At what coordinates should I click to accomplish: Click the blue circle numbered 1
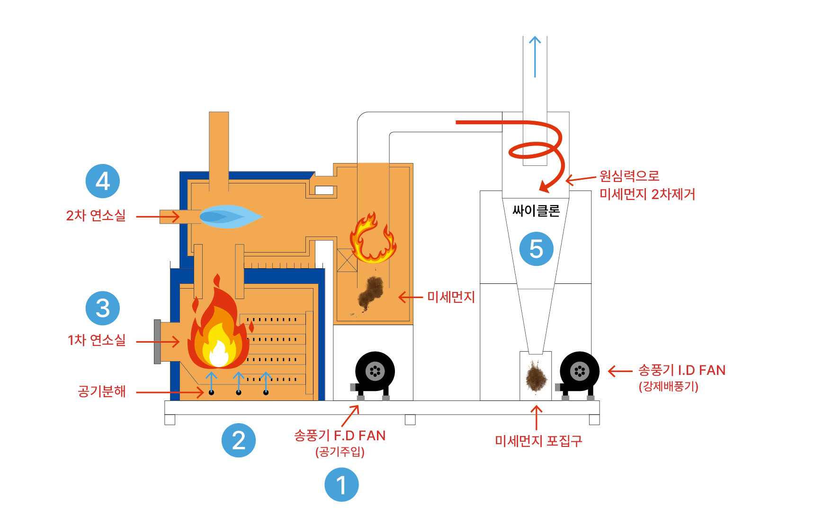(341, 484)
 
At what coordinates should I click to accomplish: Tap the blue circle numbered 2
(239, 440)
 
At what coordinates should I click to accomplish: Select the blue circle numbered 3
(103, 308)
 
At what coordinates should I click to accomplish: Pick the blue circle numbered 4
(103, 181)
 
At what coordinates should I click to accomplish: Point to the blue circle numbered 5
(537, 249)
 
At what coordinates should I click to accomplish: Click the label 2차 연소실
(96, 216)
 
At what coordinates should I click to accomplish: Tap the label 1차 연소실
(97, 340)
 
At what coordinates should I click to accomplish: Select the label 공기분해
(102, 391)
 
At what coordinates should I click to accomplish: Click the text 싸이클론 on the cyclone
(536, 210)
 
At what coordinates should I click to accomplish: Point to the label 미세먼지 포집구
(538, 441)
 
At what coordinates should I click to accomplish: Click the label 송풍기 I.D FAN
(682, 370)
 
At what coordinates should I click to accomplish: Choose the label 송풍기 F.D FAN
(340, 436)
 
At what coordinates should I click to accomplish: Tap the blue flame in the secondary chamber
(231, 217)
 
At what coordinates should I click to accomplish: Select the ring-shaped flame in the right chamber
(373, 238)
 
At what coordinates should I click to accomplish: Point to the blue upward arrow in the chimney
(535, 57)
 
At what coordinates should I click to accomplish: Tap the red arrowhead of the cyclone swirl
(546, 187)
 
